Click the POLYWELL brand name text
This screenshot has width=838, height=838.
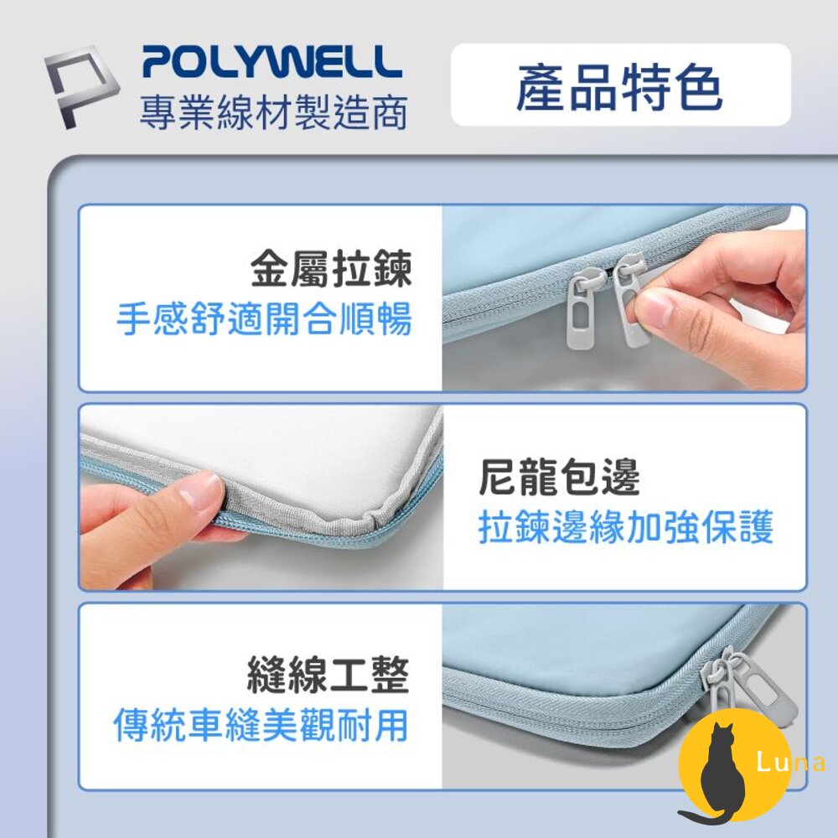point(272,62)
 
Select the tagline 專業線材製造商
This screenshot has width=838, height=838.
point(273,113)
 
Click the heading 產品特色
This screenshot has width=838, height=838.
point(619,86)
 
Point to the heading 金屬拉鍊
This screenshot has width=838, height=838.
point(331,269)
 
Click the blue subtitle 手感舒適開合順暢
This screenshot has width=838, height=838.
point(265,319)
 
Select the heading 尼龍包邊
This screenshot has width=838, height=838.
point(559,478)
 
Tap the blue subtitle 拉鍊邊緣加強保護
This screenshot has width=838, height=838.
point(626,527)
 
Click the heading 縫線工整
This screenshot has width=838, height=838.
point(328,675)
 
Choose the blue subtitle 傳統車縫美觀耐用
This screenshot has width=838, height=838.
point(261,725)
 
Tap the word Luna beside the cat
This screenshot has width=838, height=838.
point(791,762)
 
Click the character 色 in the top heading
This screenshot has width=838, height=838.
point(697,86)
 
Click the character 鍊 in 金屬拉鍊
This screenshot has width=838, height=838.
point(393,269)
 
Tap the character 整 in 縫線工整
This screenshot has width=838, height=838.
point(390,675)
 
